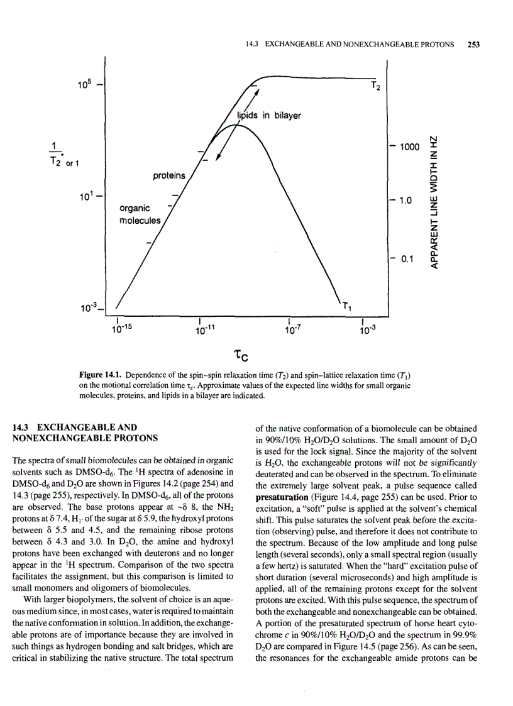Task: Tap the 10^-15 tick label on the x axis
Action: [x=123, y=328]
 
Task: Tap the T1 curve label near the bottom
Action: [x=346, y=306]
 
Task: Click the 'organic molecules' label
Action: [x=140, y=214]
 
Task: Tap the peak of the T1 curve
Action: [x=236, y=126]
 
